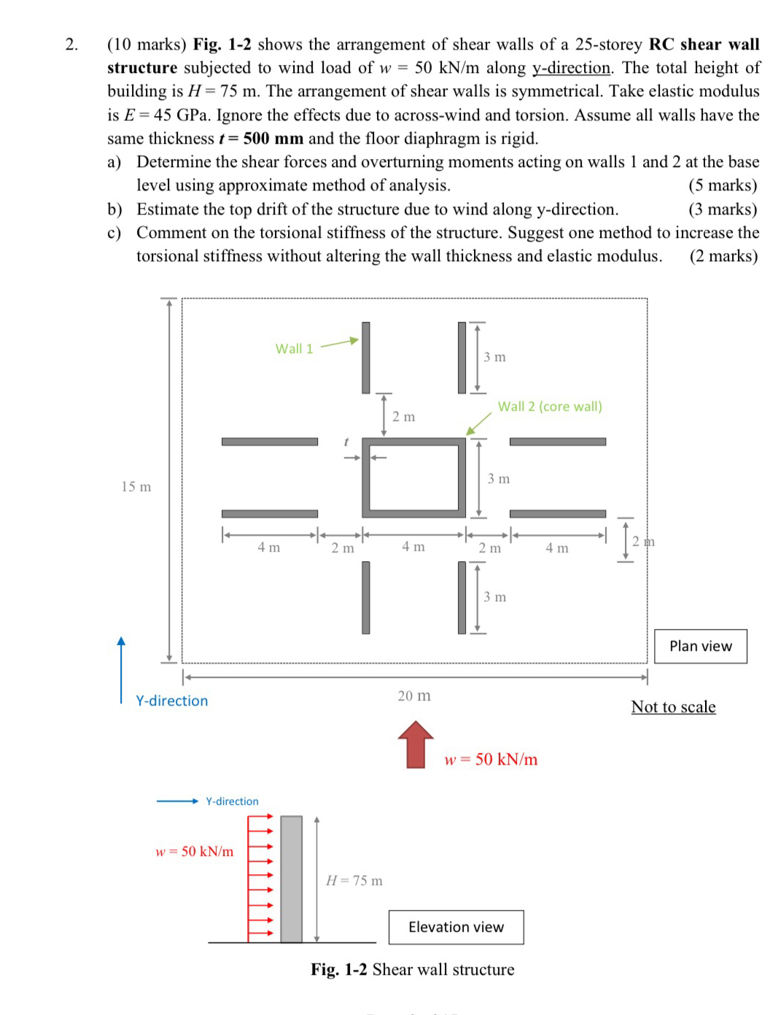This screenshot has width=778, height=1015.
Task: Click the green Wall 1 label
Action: [x=294, y=349]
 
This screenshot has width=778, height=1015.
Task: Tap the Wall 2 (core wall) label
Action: [x=550, y=406]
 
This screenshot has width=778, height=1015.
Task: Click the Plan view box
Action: [x=700, y=646]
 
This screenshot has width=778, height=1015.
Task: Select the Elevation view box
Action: [x=456, y=927]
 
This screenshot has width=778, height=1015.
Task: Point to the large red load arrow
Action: [x=416, y=744]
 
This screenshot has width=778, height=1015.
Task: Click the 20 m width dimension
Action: [x=413, y=695]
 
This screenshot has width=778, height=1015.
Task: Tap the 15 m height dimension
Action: [x=136, y=487]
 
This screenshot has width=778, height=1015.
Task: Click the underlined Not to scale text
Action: [x=673, y=706]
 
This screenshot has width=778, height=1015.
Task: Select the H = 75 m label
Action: [x=354, y=881]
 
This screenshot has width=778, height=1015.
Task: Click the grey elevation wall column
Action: [x=291, y=879]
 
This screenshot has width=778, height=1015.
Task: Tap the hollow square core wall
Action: [x=413, y=478]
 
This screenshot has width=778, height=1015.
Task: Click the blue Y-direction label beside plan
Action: [x=172, y=701]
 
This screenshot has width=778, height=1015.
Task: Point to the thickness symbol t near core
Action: [x=346, y=442]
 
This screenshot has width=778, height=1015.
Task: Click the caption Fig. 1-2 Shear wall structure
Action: [x=412, y=969]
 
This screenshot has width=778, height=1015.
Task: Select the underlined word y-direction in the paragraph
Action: [x=571, y=68]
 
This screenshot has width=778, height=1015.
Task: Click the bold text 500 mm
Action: [x=273, y=139]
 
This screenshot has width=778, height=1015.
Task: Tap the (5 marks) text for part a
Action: [x=723, y=185]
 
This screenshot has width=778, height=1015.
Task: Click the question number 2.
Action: [x=71, y=45]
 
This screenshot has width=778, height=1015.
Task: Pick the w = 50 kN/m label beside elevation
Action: [x=195, y=852]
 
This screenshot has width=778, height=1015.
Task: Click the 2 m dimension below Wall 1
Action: [x=403, y=417]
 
